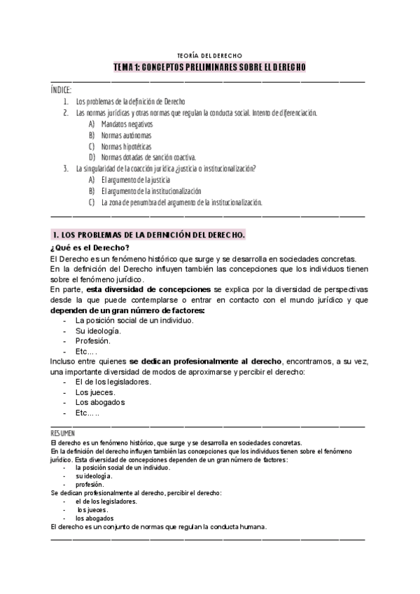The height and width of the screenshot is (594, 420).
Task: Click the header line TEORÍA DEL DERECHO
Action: click(209, 55)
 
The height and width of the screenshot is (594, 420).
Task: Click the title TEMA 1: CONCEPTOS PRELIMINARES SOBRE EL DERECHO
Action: click(209, 67)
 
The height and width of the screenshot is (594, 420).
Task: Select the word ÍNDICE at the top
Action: click(61, 90)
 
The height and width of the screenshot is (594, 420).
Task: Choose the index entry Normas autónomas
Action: click(125, 135)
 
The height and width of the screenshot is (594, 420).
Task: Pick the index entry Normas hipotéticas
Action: click(125, 146)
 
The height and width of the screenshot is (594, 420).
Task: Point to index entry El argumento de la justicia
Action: click(136, 180)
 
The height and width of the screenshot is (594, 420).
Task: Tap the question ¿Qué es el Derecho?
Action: click(90, 247)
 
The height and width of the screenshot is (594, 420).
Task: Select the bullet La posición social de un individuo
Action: click(134, 320)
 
